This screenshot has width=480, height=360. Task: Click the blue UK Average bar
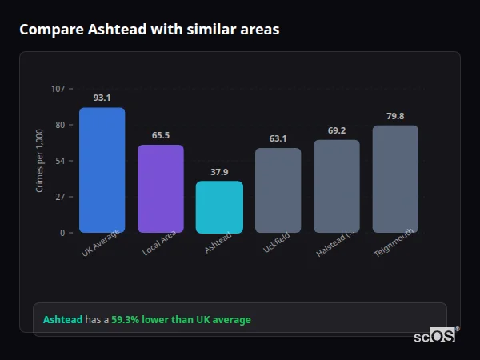tap(102, 170)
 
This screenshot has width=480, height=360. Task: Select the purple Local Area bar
tap(161, 189)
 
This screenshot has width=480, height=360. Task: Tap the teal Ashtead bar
tap(219, 207)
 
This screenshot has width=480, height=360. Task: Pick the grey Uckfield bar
tap(278, 190)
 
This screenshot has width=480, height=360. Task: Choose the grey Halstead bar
tap(337, 186)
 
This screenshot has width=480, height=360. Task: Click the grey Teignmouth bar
tap(395, 179)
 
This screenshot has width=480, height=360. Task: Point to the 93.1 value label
tap(102, 98)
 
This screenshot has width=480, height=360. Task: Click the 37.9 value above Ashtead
tap(219, 171)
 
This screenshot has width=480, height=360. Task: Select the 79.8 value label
tap(395, 116)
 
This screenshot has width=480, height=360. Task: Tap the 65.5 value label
tap(161, 135)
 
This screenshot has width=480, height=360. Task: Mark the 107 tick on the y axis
tap(58, 88)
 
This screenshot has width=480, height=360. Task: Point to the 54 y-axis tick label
tap(60, 161)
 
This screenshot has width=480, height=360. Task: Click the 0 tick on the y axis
tap(62, 233)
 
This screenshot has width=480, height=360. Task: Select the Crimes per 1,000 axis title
tap(40, 161)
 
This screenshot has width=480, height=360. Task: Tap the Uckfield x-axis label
tap(276, 242)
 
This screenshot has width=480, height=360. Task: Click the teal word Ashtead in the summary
tap(62, 320)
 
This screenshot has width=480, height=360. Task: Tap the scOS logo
tap(434, 336)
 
